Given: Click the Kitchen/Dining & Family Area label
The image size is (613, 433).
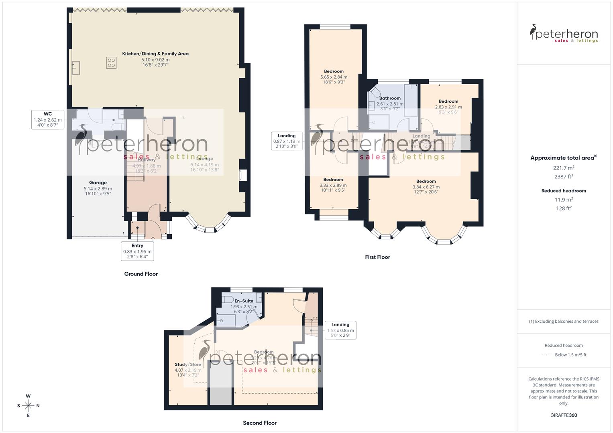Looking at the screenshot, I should pyautogui.click(x=155, y=54).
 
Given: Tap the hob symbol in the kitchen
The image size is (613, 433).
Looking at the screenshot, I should pyautogui.click(x=111, y=63).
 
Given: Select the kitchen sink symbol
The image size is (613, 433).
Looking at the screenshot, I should pyautogui.click(x=75, y=68).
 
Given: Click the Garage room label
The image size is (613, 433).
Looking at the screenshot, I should pyautogui.click(x=98, y=183).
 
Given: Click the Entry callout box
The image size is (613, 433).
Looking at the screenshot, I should pyautogui.click(x=137, y=251).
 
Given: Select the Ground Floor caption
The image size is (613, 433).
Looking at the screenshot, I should pyautogui.click(x=141, y=274).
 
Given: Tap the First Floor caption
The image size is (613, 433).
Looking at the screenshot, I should pyautogui.click(x=377, y=257).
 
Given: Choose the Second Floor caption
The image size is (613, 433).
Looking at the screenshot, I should pyautogui.click(x=260, y=423).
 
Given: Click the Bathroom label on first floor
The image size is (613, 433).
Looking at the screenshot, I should pyautogui.click(x=390, y=98).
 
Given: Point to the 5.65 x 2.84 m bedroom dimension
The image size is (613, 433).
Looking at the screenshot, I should pyautogui.click(x=334, y=77).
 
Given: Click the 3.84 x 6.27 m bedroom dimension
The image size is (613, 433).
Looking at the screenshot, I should pyautogui.click(x=426, y=187).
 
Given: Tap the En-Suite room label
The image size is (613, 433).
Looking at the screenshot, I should pyautogui.click(x=244, y=301).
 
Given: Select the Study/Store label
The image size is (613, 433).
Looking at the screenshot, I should pyautogui.click(x=188, y=365).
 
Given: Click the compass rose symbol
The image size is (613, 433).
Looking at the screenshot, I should pyautogui.click(x=28, y=406).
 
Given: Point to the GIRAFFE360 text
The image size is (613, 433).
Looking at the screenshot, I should pyautogui.click(x=564, y=415).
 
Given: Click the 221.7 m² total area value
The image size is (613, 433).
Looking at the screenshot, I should pyautogui.click(x=564, y=168).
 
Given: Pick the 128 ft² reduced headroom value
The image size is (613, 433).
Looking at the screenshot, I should pyautogui.click(x=564, y=208).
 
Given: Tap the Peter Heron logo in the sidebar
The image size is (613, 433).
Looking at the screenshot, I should pyautogui.click(x=564, y=33).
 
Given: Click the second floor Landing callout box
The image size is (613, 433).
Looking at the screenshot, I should pyautogui.click(x=340, y=330).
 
